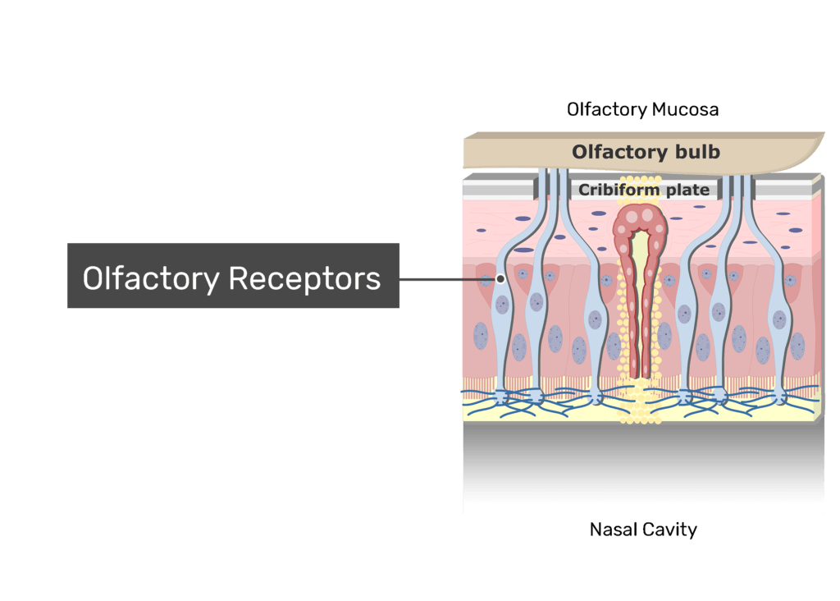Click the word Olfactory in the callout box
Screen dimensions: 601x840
[150, 278]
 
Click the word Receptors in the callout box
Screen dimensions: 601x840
[304, 278]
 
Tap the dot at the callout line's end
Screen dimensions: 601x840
[500, 279]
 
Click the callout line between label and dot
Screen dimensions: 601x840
[447, 279]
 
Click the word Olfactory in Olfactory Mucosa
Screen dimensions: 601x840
[603, 109]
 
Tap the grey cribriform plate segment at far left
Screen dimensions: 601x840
[497, 190]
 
